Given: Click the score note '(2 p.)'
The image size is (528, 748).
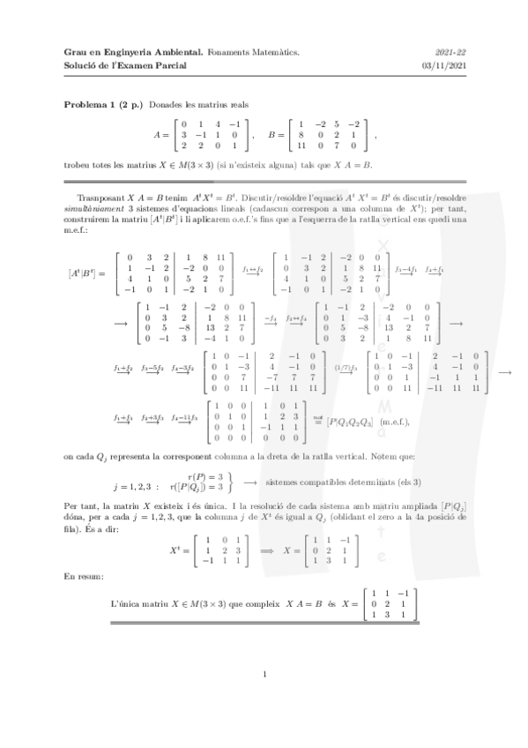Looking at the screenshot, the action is (x=132, y=105).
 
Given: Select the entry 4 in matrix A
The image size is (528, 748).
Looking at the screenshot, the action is (x=217, y=123).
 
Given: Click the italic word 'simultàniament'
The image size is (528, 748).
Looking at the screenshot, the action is (x=93, y=198).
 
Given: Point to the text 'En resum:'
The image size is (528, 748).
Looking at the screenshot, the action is (x=83, y=576).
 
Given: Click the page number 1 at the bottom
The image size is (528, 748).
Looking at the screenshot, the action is (x=264, y=676).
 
